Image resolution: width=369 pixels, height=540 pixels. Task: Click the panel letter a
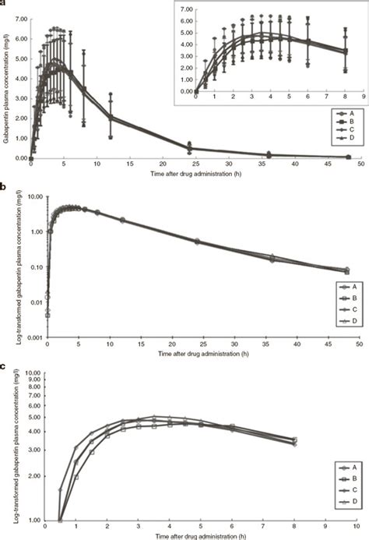click(3, 4)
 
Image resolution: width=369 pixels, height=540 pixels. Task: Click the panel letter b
click(4, 187)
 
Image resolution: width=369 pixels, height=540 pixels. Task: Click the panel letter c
click(4, 365)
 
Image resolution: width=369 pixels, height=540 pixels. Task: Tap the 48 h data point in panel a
click(347, 157)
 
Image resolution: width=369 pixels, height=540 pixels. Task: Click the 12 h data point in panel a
click(111, 117)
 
